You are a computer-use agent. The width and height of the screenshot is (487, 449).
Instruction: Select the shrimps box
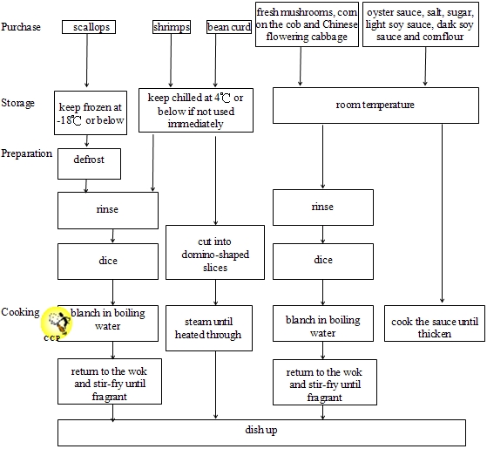click(171, 27)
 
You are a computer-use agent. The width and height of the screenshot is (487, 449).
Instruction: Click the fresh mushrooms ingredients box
click(307, 24)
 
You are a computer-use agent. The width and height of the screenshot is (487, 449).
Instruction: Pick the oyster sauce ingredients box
click(422, 24)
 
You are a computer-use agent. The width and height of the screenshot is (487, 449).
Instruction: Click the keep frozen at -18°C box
click(87, 112)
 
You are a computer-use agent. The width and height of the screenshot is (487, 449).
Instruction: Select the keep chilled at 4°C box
click(195, 111)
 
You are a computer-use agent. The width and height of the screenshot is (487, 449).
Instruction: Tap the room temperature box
click(375, 105)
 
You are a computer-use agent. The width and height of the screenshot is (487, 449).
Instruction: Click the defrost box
click(87, 162)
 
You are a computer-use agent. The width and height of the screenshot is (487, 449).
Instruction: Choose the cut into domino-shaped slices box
click(214, 254)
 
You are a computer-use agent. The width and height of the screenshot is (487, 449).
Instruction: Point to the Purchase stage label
click(21, 27)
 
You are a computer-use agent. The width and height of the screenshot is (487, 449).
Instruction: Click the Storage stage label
click(18, 103)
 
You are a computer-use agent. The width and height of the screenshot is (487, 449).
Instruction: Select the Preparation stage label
click(27, 153)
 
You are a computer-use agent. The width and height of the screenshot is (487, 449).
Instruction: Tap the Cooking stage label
click(20, 312)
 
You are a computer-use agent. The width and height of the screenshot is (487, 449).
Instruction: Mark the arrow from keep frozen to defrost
click(87, 141)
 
